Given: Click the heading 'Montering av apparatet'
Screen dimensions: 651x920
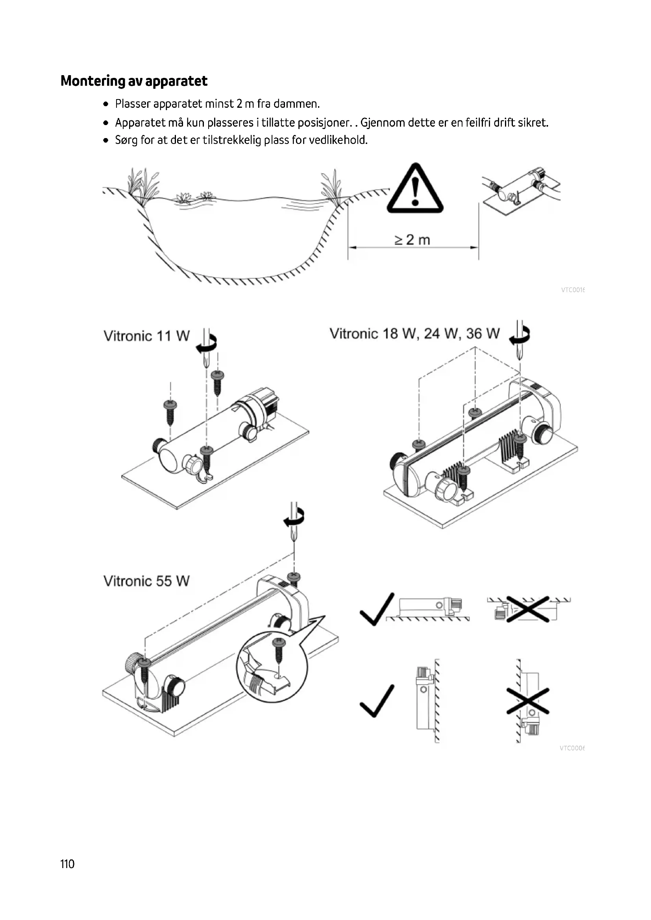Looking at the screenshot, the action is click(x=134, y=81).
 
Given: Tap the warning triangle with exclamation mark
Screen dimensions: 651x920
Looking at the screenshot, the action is click(x=415, y=189).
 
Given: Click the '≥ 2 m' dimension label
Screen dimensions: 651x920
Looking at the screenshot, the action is click(x=412, y=240).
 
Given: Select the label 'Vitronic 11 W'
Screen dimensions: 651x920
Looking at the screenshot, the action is click(x=146, y=336).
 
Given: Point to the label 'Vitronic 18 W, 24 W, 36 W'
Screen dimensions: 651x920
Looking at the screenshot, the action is click(x=414, y=334).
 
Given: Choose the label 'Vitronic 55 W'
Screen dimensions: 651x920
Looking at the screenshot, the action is click(x=146, y=581).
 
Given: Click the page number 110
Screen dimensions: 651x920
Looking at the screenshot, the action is click(x=67, y=864).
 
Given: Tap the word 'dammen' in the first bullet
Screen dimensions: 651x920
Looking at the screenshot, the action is click(x=296, y=104).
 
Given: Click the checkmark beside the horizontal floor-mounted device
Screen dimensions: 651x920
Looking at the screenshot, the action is click(x=376, y=609).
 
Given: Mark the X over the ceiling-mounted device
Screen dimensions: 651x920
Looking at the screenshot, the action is click(x=527, y=609).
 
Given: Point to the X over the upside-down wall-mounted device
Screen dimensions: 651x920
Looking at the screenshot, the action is click(x=527, y=701).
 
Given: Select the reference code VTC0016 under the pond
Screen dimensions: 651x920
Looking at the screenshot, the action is click(x=572, y=290).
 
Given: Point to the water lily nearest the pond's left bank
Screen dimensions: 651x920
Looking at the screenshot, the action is click(x=183, y=197).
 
